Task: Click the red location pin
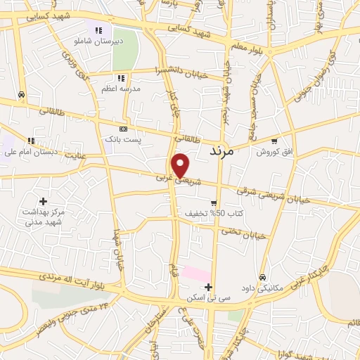[181, 165]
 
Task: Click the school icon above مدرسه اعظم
[121, 78]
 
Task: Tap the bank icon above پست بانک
[124, 129]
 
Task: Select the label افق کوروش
[274, 151]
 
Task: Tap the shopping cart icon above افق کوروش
[274, 141]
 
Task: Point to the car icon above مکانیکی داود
[262, 278]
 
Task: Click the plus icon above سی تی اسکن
[208, 288]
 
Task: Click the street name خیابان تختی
[244, 233]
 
